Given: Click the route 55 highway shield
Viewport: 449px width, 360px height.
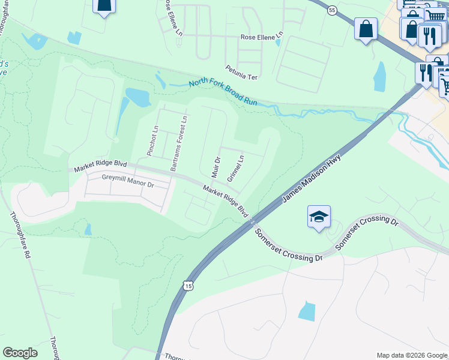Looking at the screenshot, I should (x=332, y=10).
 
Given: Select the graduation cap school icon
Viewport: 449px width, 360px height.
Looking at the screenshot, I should (x=319, y=217).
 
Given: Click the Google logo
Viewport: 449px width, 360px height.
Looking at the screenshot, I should (x=20, y=353).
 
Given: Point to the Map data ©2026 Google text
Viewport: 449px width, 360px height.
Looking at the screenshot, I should (x=411, y=355).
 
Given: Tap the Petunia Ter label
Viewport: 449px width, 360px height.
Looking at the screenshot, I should (x=241, y=68).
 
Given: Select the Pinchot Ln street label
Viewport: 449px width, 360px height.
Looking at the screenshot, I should (x=152, y=140).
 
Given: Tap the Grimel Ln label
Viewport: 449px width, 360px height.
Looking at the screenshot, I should (x=235, y=169).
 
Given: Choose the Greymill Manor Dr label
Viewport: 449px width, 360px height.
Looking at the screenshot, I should (x=128, y=181).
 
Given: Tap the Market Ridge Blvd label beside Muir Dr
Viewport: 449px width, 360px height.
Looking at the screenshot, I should (x=226, y=201).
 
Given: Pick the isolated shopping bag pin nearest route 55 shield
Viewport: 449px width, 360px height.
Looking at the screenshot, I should (x=366, y=29).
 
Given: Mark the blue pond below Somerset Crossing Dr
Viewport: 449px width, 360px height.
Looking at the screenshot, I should (x=306, y=311).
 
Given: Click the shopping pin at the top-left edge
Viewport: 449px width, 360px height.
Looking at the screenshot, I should (x=104, y=6).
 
